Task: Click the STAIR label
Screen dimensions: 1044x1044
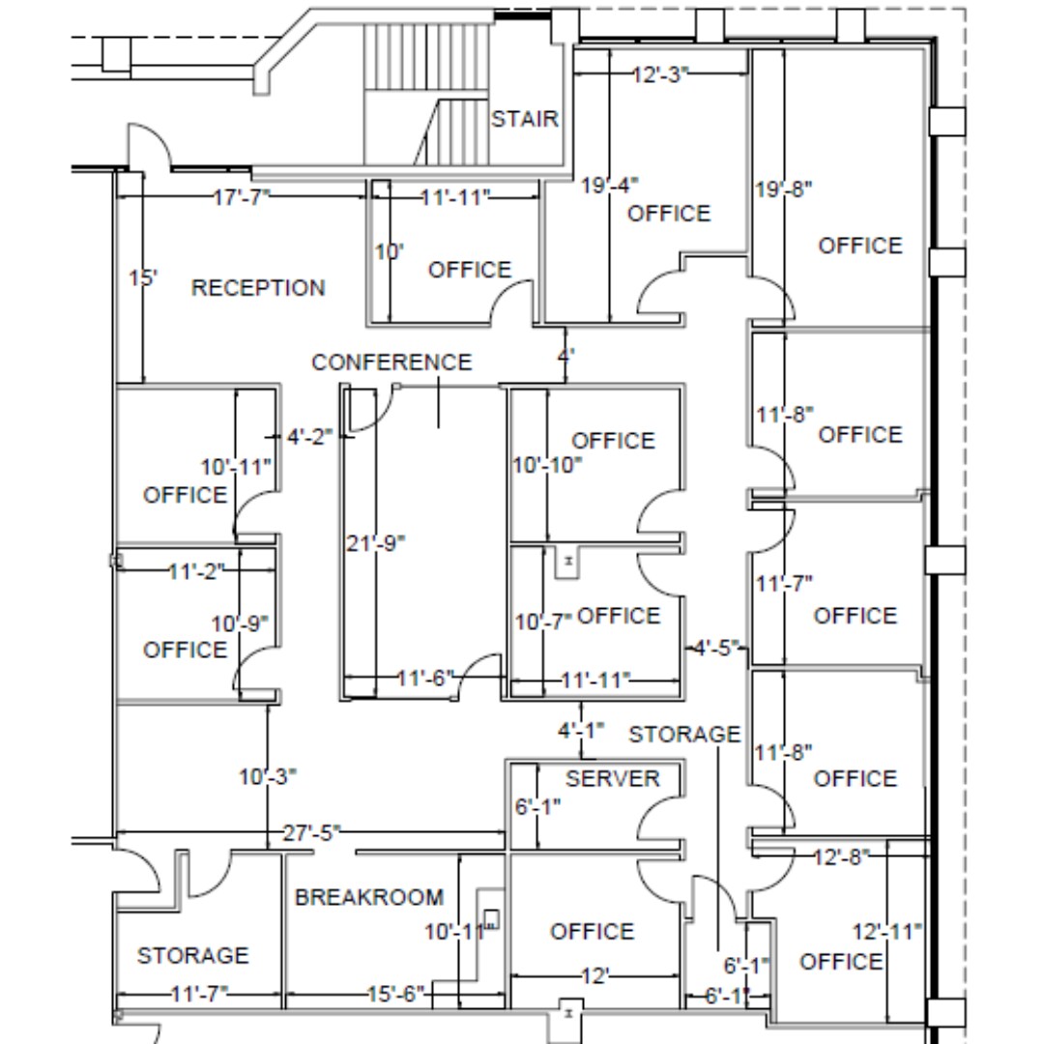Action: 525,119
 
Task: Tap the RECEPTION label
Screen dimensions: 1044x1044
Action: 258,288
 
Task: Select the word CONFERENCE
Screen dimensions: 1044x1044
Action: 391,362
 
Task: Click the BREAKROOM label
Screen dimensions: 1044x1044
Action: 369,897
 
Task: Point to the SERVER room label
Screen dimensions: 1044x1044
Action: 612,779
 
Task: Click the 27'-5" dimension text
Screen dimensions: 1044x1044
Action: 311,832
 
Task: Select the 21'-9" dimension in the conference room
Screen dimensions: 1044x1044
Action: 375,543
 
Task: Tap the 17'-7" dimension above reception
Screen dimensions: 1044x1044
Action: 241,198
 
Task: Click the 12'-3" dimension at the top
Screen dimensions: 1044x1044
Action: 661,74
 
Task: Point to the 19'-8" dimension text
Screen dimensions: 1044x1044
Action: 783,188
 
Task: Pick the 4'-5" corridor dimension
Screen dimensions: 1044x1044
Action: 714,647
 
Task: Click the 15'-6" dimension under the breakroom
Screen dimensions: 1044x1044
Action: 396,994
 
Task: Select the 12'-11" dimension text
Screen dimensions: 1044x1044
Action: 887,932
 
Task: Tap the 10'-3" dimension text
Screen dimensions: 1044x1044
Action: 268,776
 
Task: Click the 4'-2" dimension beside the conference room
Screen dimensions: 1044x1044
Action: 309,437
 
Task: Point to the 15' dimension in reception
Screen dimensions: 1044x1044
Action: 143,279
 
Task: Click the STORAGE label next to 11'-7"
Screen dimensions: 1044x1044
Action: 192,956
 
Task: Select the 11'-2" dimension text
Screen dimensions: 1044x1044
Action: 196,571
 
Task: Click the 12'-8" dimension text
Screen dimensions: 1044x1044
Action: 841,856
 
